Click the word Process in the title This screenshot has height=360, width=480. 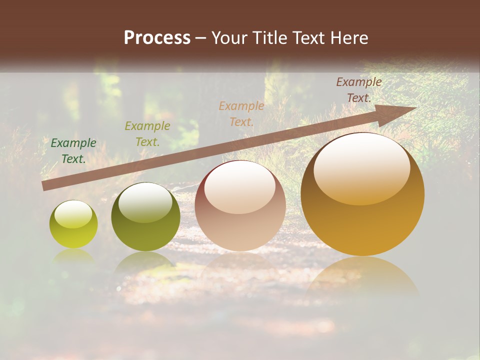coord(157,38)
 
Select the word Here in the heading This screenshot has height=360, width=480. coord(349,38)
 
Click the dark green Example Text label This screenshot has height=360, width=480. coord(73,151)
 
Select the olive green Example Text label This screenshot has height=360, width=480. coord(147,134)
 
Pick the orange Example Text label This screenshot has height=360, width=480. coord(241,114)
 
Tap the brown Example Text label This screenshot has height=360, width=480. coord(359,90)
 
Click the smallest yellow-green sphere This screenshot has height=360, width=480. coord(73,225)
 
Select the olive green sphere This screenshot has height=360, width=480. coord(145,217)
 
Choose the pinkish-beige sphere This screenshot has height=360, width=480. coord(240,206)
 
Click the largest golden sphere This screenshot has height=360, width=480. coord(362,195)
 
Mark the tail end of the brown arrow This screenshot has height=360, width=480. coord(45,186)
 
